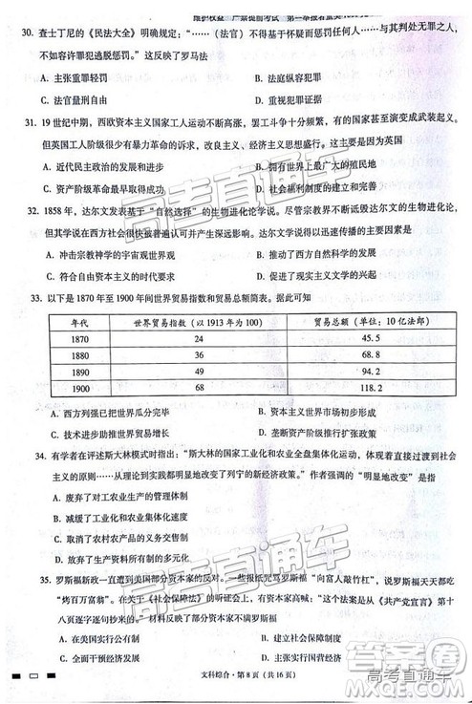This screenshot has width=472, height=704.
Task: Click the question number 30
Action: point(25,32)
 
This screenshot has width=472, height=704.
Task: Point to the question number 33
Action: point(39,297)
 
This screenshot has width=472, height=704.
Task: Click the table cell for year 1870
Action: point(78,339)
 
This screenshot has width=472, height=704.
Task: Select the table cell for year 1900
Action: point(80,388)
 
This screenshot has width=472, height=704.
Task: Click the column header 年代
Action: point(79,322)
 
